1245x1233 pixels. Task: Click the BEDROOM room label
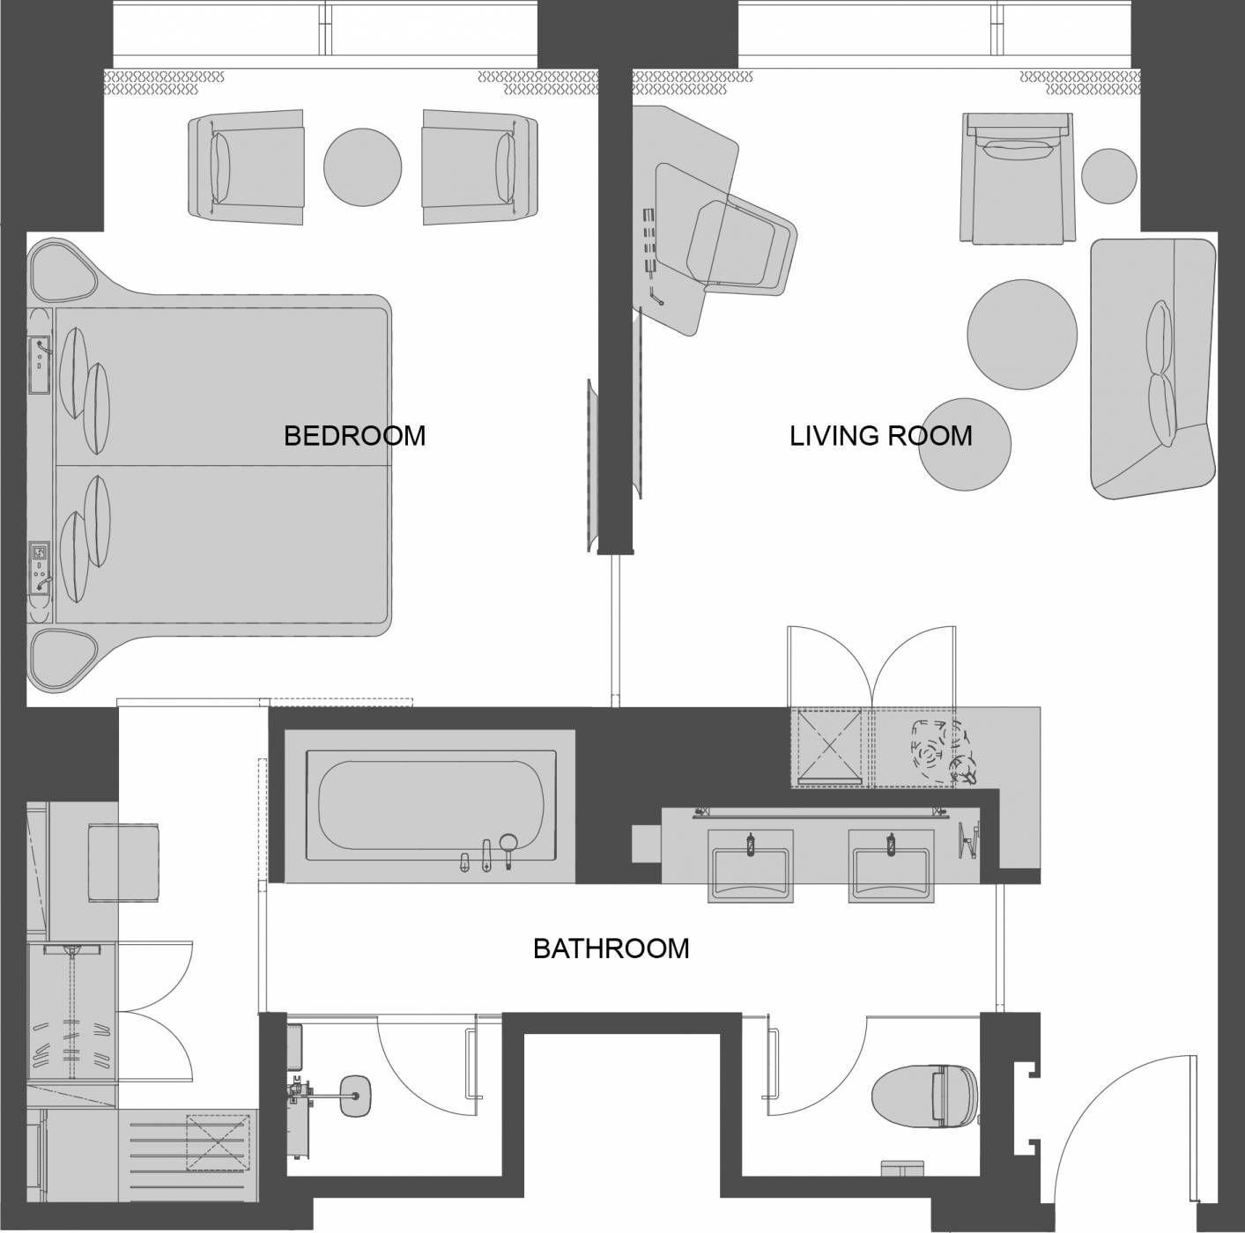tap(355, 436)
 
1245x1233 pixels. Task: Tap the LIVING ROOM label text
tap(880, 436)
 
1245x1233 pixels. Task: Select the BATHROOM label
tap(611, 949)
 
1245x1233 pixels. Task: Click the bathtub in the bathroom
tap(431, 806)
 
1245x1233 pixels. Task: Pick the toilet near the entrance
tap(924, 1096)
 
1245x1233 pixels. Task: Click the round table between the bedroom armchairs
tap(362, 167)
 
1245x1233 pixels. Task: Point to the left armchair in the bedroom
tap(246, 167)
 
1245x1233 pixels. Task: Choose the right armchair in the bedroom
tap(480, 167)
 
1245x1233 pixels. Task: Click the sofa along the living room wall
tap(1153, 369)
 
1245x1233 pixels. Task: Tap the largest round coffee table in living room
tap(1022, 334)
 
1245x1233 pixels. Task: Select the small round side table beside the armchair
tap(1108, 175)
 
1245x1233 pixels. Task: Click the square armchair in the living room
tap(1017, 178)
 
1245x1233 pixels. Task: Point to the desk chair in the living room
tap(741, 248)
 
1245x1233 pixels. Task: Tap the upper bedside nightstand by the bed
tap(63, 270)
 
